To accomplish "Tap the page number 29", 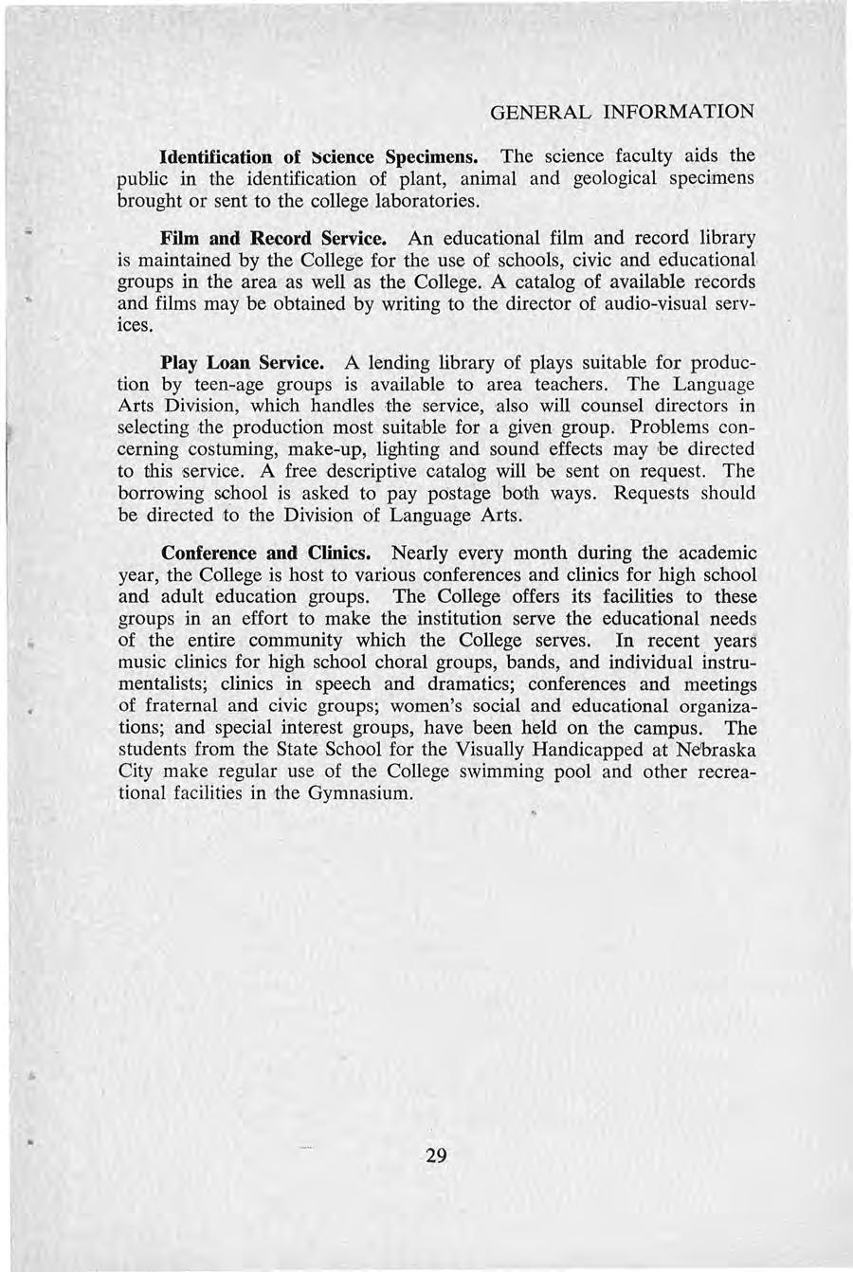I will (437, 1154).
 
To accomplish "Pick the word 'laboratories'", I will (408, 201).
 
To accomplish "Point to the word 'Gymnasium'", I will (359, 793).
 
